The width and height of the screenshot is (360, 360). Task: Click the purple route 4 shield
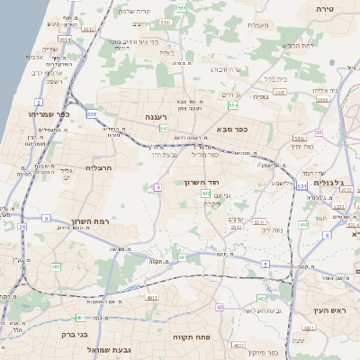click(157, 187)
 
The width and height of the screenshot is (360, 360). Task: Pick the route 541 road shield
click(165, 130)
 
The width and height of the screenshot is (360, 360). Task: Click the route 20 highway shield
click(22, 226)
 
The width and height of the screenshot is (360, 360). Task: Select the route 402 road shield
click(206, 193)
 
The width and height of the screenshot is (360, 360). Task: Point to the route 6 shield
click(327, 235)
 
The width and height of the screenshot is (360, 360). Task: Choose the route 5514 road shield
click(66, 40)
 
